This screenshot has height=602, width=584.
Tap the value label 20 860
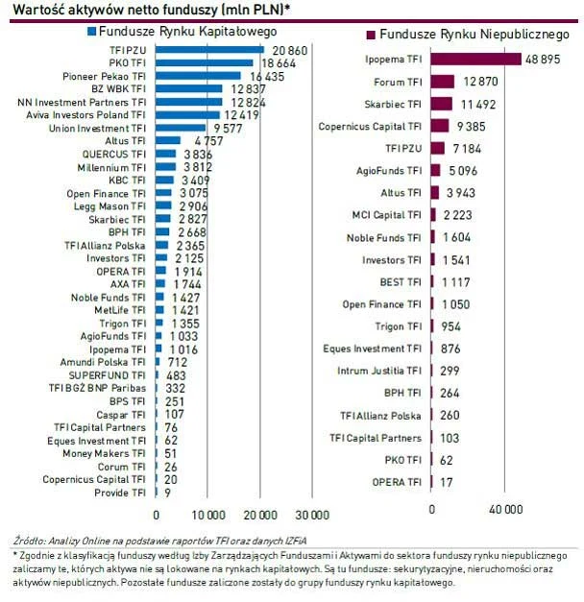289,49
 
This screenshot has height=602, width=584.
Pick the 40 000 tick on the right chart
506,508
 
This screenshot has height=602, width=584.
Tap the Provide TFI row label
120,493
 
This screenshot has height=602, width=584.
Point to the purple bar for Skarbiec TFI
441,104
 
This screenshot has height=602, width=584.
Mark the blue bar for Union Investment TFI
178,128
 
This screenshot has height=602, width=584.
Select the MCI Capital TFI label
384,215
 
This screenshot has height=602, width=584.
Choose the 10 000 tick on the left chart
207,512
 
